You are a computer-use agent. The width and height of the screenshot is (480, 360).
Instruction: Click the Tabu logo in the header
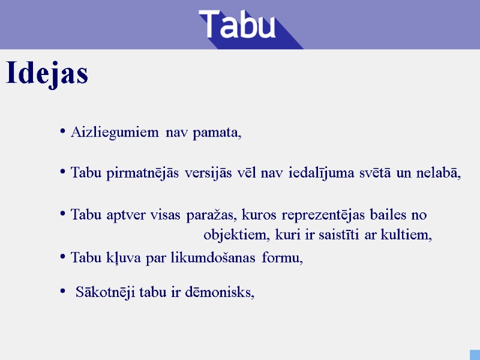tap(238, 25)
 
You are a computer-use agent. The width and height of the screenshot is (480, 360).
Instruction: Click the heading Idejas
tap(47, 74)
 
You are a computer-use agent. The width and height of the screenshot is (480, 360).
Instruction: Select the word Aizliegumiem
tap(115, 132)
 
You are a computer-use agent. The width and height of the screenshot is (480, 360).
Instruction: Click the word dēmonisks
tap(227, 293)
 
